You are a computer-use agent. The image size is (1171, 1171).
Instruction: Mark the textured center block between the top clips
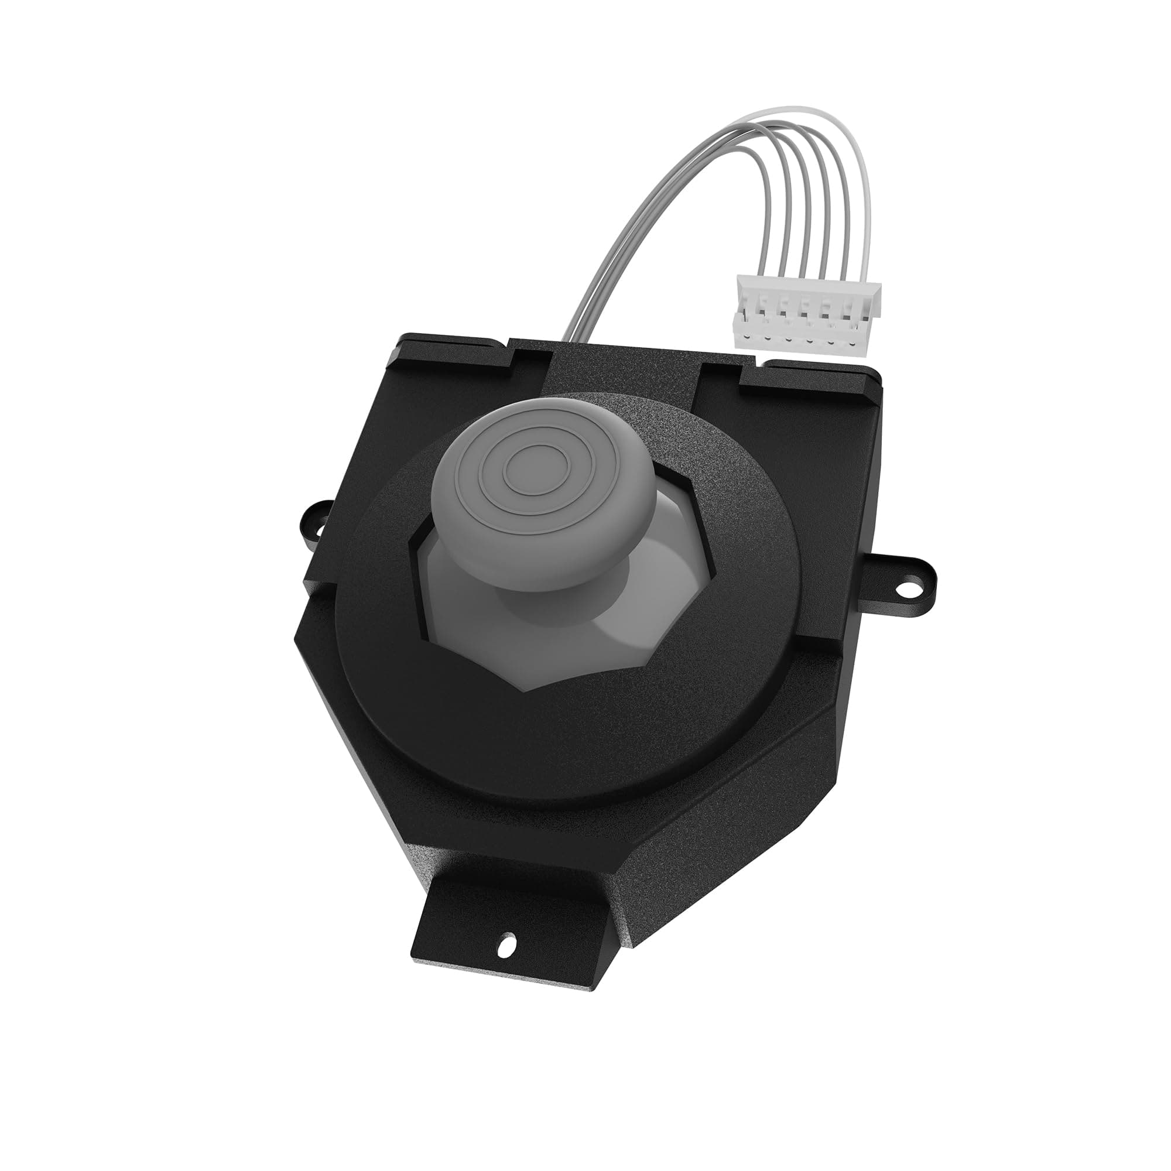click(x=624, y=369)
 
